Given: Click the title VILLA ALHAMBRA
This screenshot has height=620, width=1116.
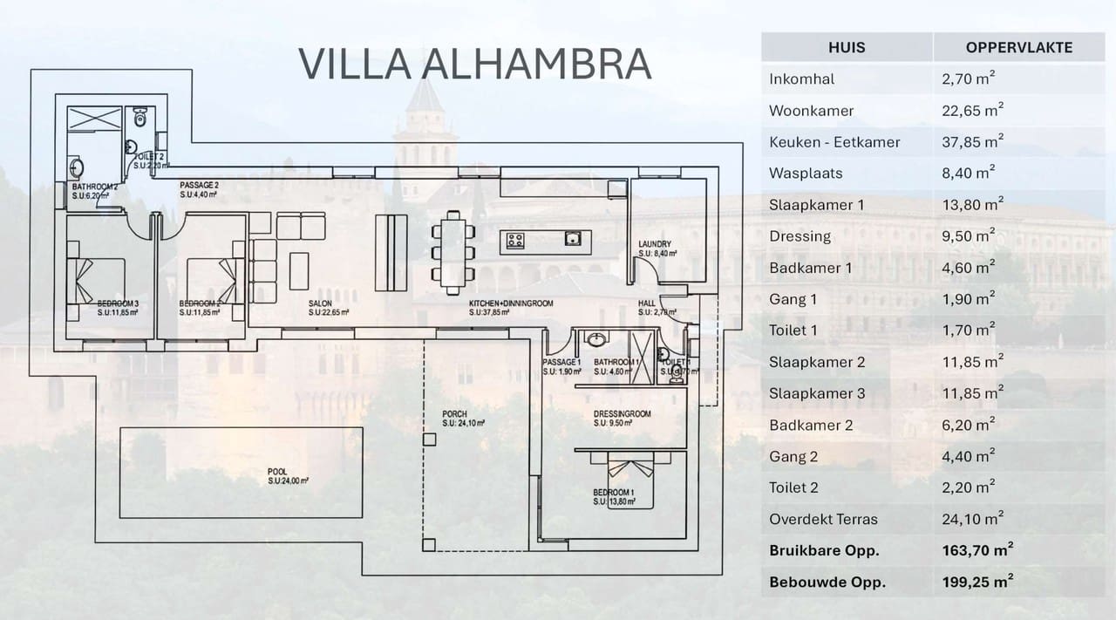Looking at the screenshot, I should click(474, 64).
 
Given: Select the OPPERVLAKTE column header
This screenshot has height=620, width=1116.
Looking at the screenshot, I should click(1018, 47).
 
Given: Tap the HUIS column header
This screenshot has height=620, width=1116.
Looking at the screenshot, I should click(846, 47).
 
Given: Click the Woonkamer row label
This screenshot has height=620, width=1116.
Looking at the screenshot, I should click(811, 111).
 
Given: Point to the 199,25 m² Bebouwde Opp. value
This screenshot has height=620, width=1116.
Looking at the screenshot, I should click(978, 582).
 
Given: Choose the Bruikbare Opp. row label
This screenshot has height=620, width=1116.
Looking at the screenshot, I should click(823, 550).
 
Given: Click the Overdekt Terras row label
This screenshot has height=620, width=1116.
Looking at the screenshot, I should click(823, 519).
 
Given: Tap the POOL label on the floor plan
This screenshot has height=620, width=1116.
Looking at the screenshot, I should click(277, 472).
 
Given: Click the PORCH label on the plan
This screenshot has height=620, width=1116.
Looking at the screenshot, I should click(454, 414).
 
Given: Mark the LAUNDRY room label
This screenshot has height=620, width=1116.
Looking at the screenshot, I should click(653, 244).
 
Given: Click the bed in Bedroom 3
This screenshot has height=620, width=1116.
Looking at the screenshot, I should click(97, 280).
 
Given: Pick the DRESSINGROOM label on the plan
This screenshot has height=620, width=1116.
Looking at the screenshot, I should click(622, 414).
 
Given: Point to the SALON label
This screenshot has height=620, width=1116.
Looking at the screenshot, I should click(319, 303).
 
